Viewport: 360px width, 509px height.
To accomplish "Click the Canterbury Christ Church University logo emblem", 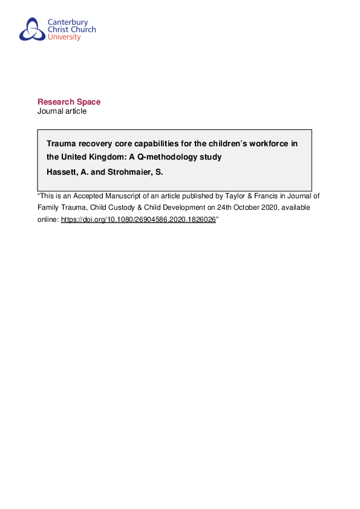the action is (x=31, y=29).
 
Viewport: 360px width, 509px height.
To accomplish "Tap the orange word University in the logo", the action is (x=64, y=37).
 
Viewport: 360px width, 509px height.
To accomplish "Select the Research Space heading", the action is (x=69, y=102).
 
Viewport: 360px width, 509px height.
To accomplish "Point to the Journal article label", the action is (x=62, y=111).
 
